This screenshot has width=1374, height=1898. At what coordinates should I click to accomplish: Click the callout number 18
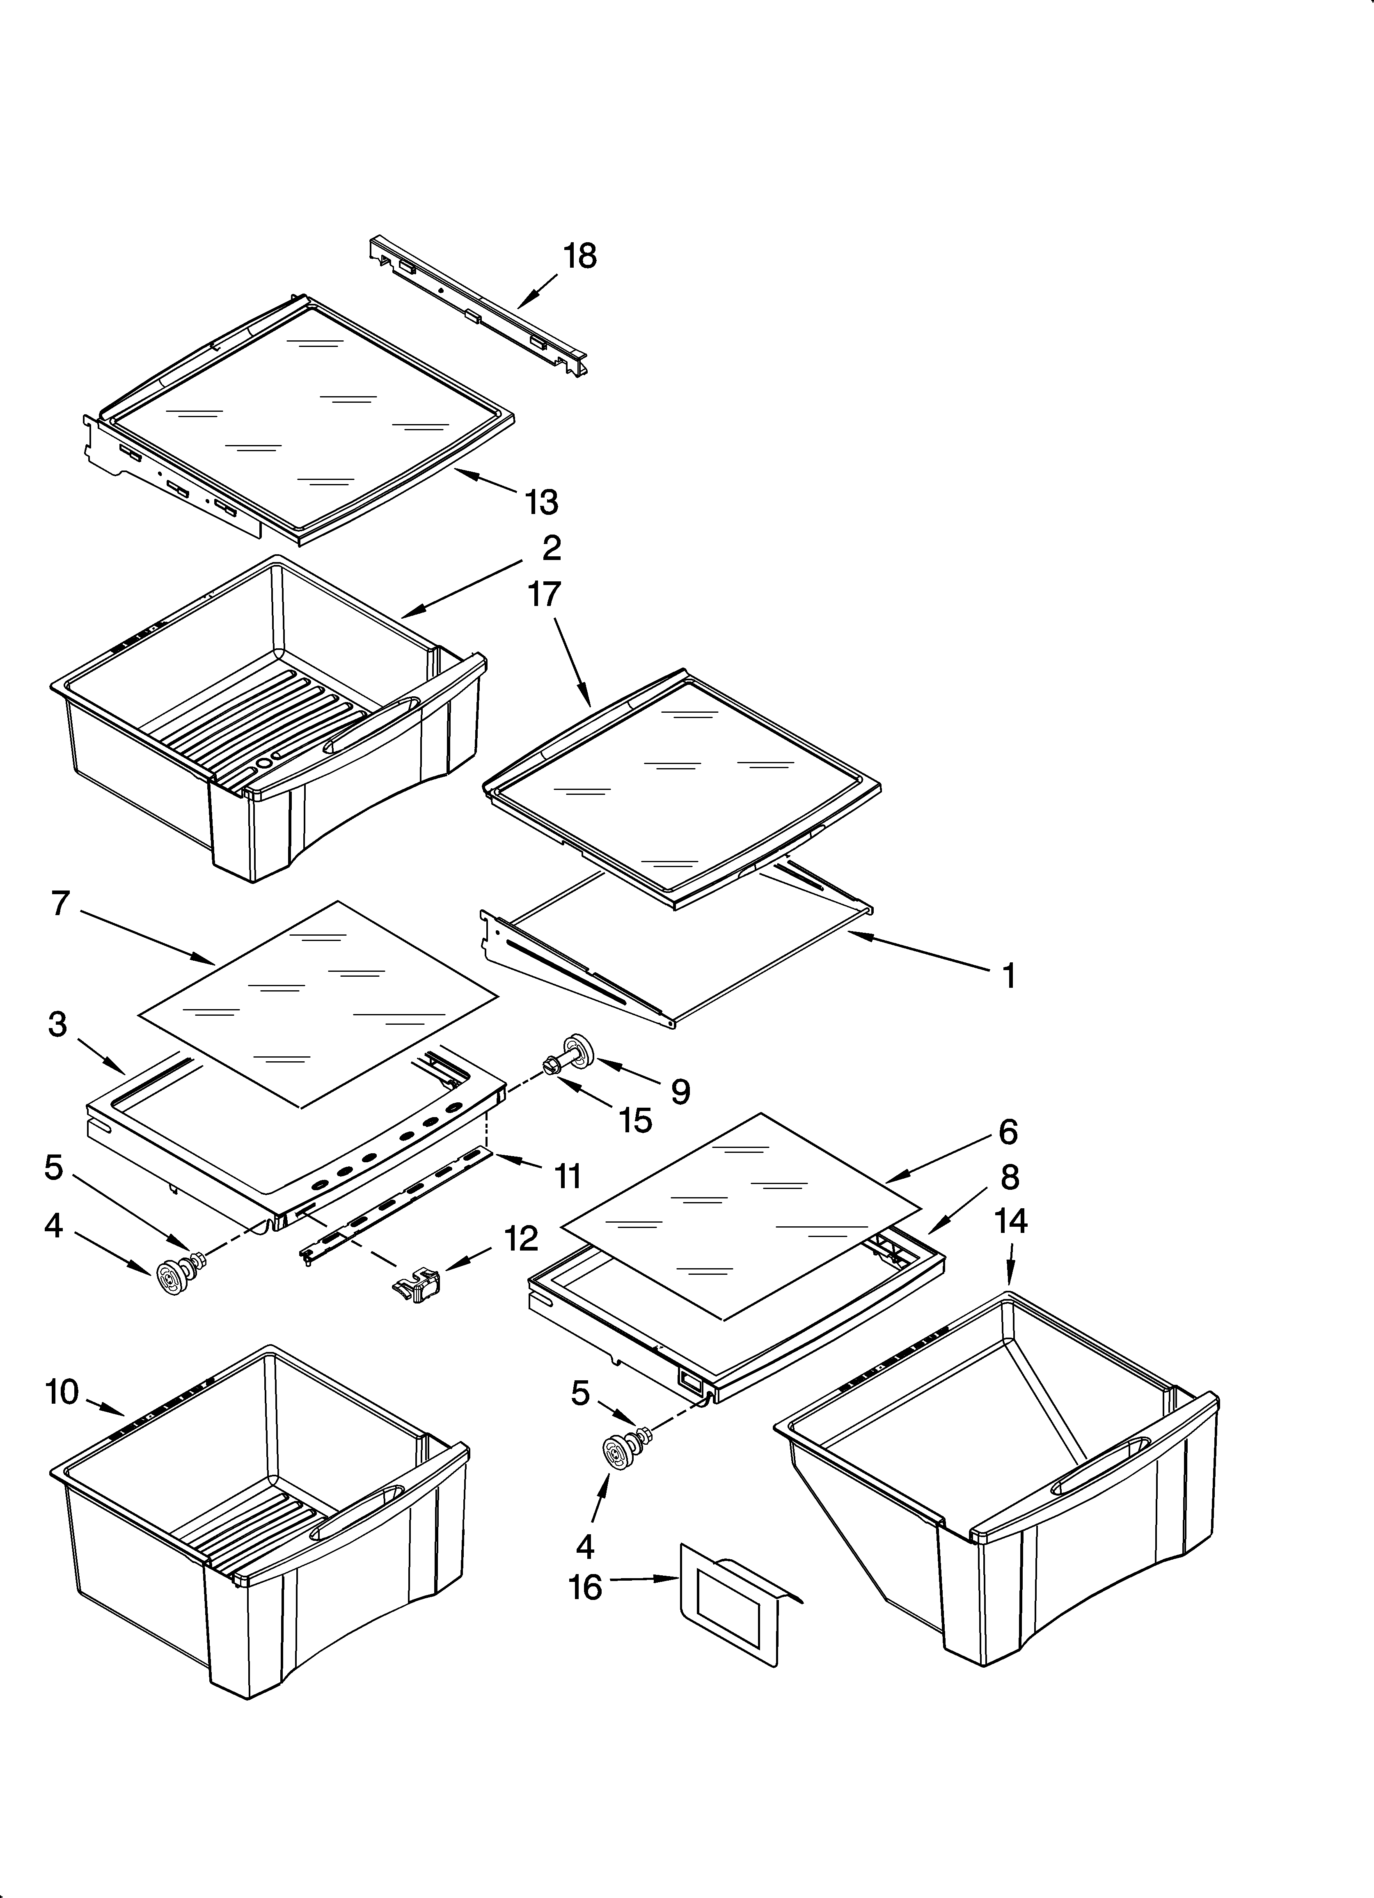click(579, 256)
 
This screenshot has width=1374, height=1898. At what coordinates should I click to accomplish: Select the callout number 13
click(541, 502)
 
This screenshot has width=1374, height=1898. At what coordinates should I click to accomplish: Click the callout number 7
click(60, 904)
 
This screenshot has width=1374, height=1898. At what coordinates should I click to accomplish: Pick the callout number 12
click(520, 1239)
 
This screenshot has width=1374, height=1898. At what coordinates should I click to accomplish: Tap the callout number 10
click(62, 1392)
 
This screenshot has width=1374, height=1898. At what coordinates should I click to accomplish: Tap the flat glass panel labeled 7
click(318, 1004)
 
